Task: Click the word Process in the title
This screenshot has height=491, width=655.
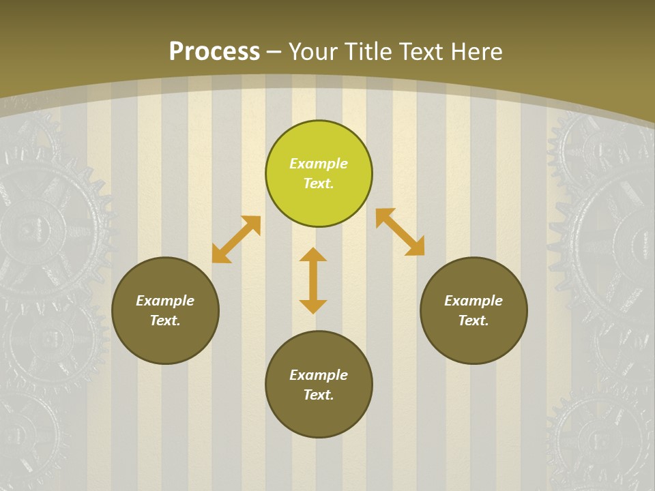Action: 214,52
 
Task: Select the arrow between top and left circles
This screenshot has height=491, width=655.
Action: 236,239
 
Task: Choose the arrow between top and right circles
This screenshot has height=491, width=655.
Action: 400,232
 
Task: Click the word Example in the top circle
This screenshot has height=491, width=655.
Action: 319,164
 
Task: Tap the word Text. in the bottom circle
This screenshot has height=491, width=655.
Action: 319,395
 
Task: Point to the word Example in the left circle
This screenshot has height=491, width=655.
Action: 165,301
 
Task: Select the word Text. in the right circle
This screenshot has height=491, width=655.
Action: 474,321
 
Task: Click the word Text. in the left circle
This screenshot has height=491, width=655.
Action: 165,321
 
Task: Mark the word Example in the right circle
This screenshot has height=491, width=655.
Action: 474,301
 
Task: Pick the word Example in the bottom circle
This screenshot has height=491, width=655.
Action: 319,375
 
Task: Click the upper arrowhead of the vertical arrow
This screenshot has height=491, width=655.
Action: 313,255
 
